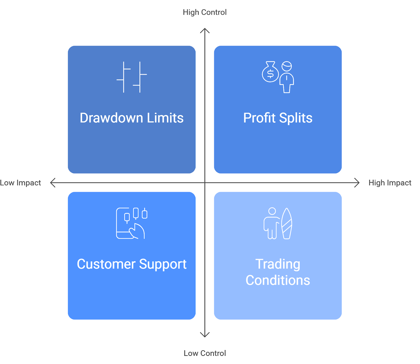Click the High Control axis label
point(204,12)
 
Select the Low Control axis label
point(204,353)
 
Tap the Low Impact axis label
point(20,183)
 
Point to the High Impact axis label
point(390,183)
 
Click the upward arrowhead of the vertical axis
point(205,30)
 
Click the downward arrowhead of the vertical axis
point(205,335)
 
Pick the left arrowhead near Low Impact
point(52,183)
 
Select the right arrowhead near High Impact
point(357,183)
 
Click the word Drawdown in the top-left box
point(112,118)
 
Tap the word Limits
point(165,118)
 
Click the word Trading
point(278,264)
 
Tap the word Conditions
point(278,280)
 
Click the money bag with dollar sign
point(270,73)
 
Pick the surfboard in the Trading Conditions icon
point(287,224)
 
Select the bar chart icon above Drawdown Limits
point(132,77)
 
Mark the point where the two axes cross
point(205,183)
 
